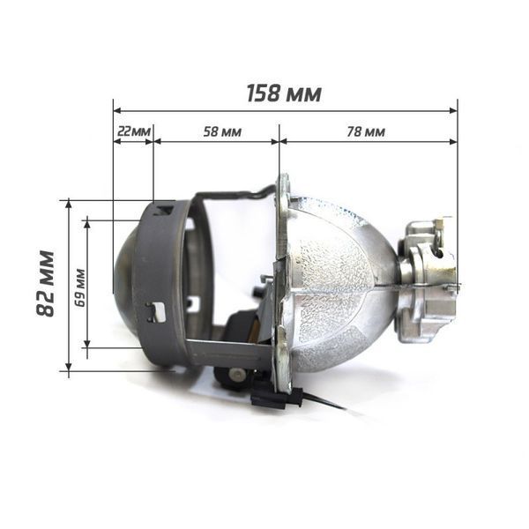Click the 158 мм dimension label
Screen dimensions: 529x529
(284, 93)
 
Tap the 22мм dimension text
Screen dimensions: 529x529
(133, 131)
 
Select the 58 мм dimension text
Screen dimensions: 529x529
(222, 131)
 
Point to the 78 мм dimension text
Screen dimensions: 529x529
(366, 131)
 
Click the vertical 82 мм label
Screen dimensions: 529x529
(45, 283)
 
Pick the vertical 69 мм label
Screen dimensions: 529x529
(80, 287)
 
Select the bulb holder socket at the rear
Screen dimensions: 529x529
(428, 282)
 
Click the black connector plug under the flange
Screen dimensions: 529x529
(277, 399)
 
